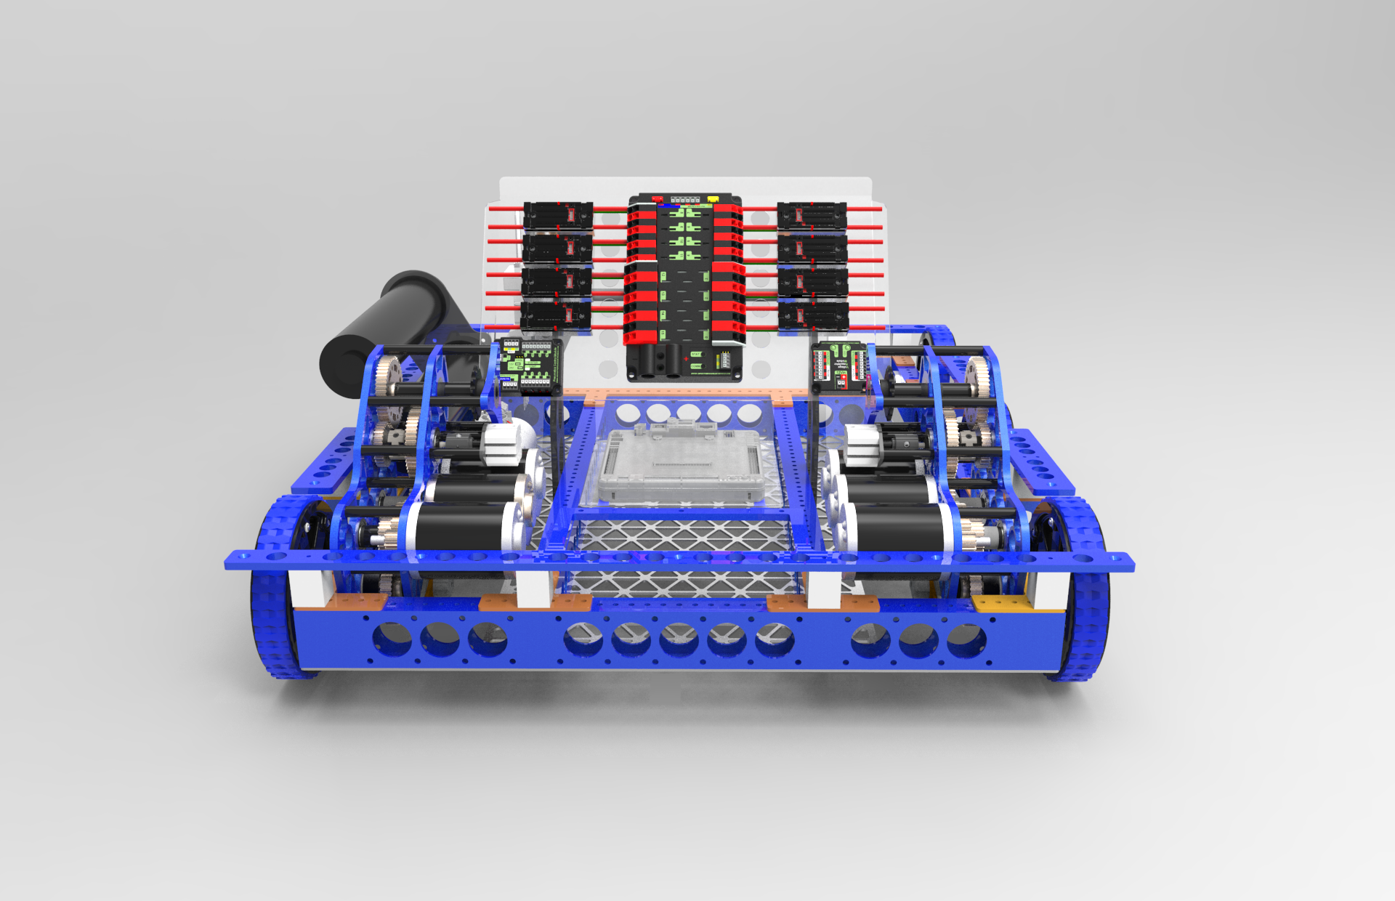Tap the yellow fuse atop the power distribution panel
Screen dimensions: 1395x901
click(x=713, y=197)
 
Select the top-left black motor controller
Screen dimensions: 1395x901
click(x=558, y=215)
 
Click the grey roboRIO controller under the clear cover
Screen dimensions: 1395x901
click(x=683, y=465)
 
